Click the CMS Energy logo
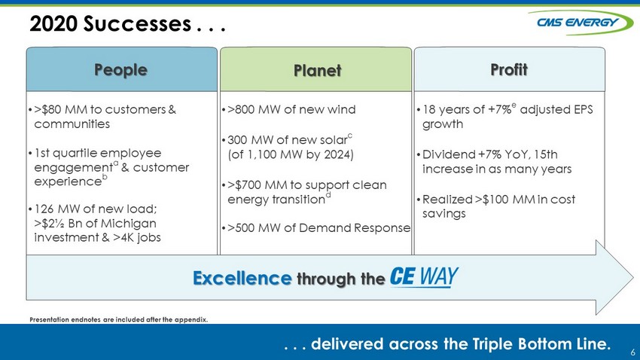click(x=581, y=23)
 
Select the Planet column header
click(x=316, y=69)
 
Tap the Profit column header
click(x=510, y=69)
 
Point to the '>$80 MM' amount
click(x=60, y=109)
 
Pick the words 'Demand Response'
click(x=355, y=227)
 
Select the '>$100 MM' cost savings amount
click(x=505, y=199)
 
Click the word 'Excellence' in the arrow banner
click(x=242, y=278)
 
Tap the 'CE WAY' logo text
click(x=424, y=277)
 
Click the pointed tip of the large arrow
click(x=633, y=278)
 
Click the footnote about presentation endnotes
click(x=119, y=319)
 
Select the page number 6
click(x=632, y=352)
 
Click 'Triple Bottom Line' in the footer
click(x=541, y=343)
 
